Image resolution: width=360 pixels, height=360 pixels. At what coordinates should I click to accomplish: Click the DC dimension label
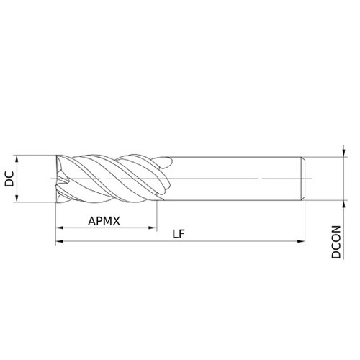[9, 179]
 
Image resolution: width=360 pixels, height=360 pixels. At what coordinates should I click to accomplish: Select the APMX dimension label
[104, 221]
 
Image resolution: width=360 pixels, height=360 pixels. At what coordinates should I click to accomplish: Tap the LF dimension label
[179, 234]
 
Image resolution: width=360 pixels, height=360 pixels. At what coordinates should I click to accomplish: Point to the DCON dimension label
[336, 242]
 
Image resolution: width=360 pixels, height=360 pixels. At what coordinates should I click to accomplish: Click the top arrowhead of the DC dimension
[17, 159]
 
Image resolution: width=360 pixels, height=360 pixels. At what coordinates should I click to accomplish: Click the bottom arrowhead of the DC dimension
[17, 198]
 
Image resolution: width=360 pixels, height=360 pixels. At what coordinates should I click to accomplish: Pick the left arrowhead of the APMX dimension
[60, 228]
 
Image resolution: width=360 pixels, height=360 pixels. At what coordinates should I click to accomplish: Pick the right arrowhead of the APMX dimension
[153, 228]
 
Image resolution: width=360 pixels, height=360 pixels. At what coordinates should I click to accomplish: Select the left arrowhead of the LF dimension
[60, 241]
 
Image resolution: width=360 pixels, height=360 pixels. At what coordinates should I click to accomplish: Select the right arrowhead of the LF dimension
[301, 241]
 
